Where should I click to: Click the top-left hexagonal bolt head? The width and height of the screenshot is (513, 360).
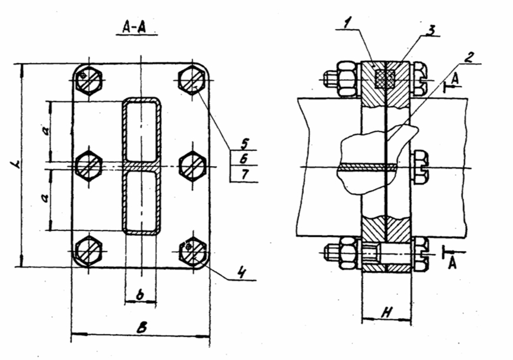[x=90, y=78]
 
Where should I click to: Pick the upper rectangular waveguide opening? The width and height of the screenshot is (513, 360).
[x=141, y=130]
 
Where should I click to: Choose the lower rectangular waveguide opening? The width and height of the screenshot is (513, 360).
[x=141, y=201]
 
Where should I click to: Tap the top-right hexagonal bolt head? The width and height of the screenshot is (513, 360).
[x=191, y=78]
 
